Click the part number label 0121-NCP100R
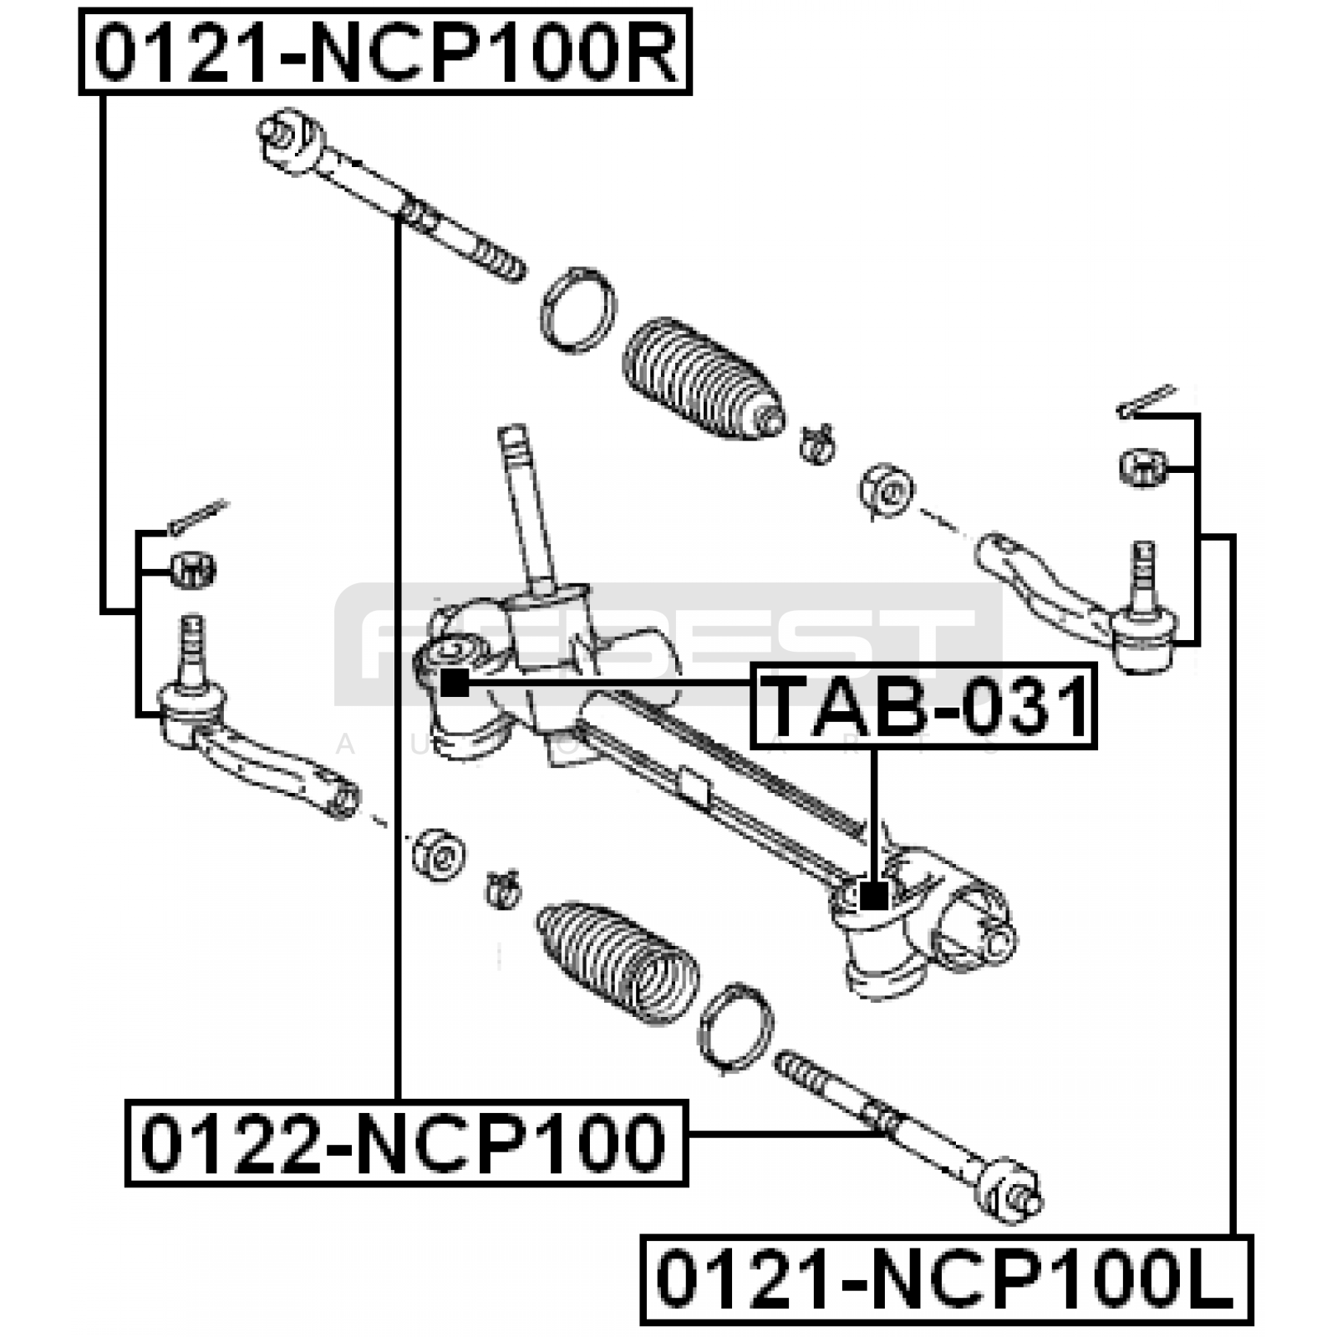tap(385, 52)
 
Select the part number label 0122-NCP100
tap(405, 1143)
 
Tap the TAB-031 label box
tap(924, 706)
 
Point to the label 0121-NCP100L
tap(946, 1279)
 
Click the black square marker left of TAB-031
tap(455, 683)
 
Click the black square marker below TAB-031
tap(874, 897)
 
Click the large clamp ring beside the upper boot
tap(577, 310)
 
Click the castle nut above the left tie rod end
tap(193, 570)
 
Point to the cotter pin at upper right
tap(1146, 400)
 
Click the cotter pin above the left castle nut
tap(197, 516)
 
